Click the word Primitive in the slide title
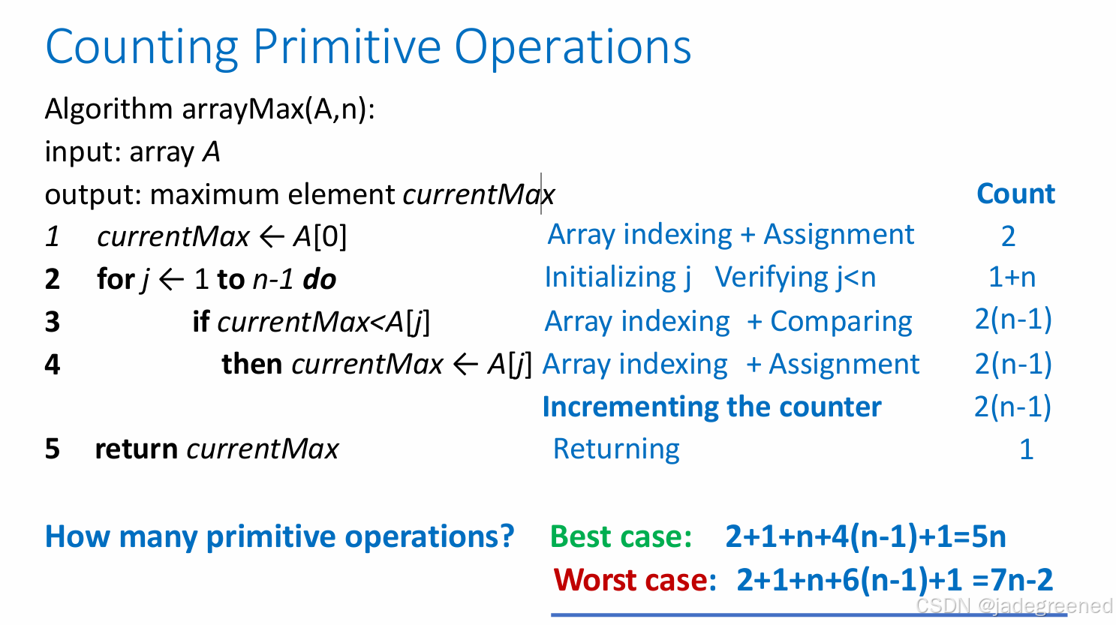(x=347, y=47)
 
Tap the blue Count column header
(x=1015, y=194)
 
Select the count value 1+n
(x=1012, y=278)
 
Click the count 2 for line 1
(x=1008, y=236)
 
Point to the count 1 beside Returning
(x=1026, y=449)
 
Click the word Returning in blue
(x=616, y=449)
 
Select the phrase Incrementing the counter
(x=711, y=407)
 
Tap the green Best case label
(x=621, y=537)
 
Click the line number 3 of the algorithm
(x=52, y=322)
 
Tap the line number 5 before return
(x=52, y=449)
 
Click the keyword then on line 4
(x=251, y=365)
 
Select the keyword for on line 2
(x=115, y=279)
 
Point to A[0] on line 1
(x=320, y=237)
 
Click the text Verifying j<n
(x=795, y=278)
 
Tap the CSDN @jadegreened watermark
(x=1013, y=605)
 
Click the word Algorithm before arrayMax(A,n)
(x=109, y=110)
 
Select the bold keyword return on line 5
(x=136, y=449)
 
